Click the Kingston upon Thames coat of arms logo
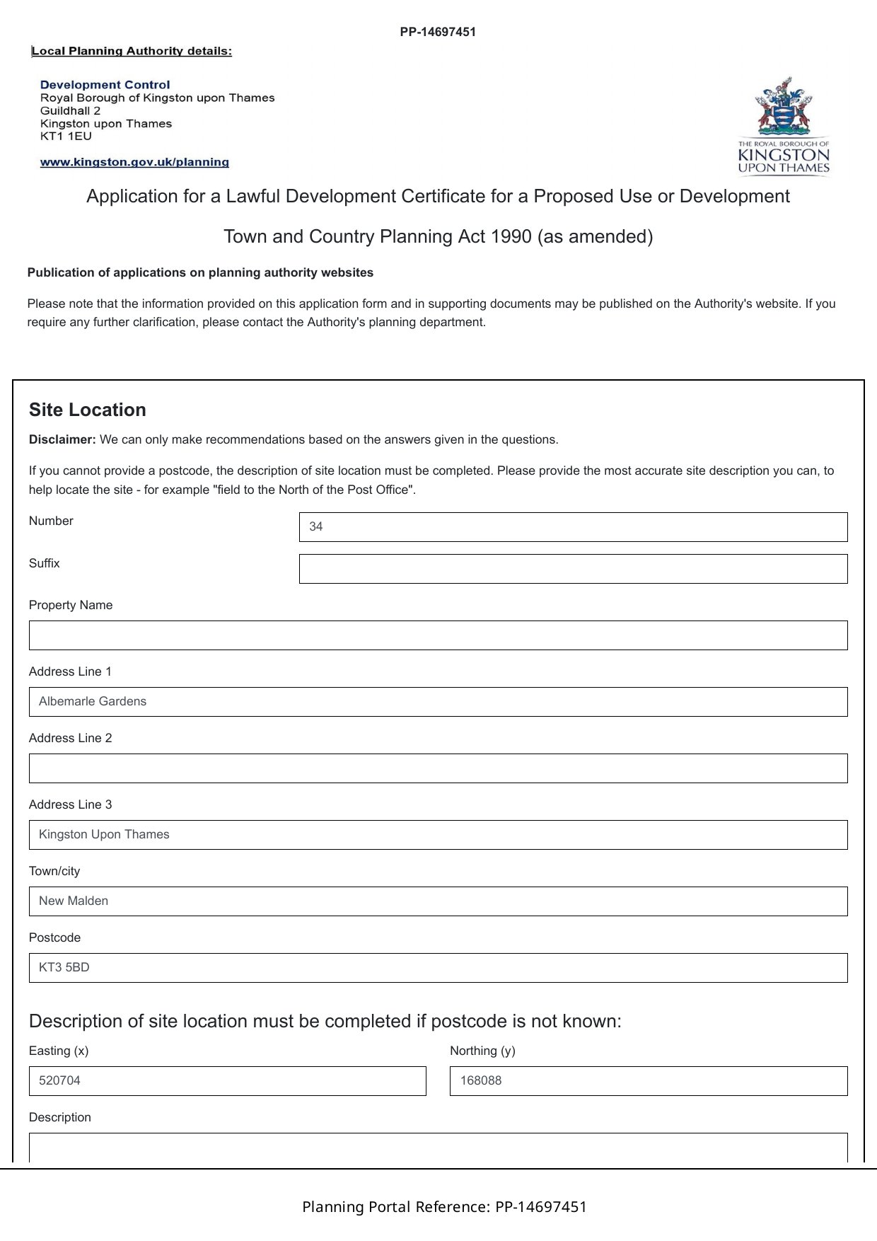783,126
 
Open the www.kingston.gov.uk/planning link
134,162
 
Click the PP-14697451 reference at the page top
438,32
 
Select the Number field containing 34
573,527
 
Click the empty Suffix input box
573,569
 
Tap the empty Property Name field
438,635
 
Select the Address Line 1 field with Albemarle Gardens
438,702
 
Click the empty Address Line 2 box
438,768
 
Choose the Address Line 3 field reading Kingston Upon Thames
438,835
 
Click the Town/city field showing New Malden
438,901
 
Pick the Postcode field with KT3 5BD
438,968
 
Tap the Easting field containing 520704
227,1081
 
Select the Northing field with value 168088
649,1081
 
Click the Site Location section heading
88,410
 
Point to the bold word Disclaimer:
62,439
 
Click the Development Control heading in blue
105,85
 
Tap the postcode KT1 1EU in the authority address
66,137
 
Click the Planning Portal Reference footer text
444,1207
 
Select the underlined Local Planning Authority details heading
132,51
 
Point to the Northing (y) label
482,1051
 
